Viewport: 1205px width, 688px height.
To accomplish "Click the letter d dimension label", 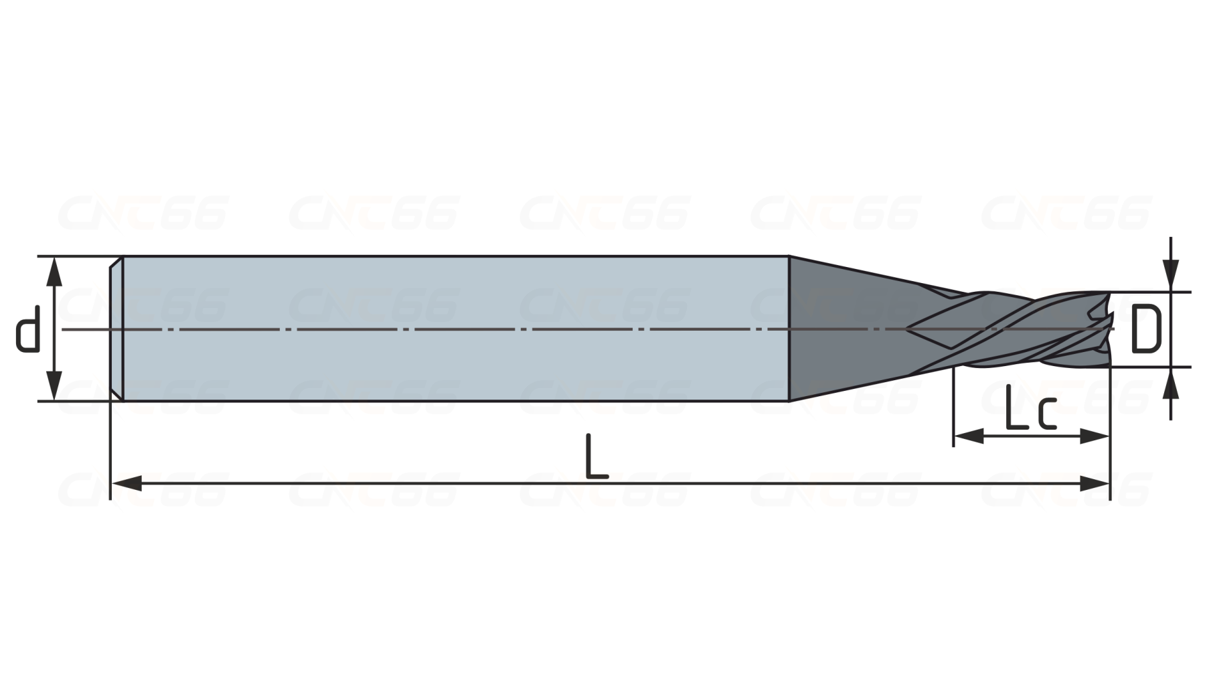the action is (x=27, y=329).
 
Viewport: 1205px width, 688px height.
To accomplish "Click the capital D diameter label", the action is (x=1146, y=329).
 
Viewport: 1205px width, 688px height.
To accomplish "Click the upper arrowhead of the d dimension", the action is (x=54, y=271).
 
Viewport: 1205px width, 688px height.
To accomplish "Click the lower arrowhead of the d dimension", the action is (x=54, y=386).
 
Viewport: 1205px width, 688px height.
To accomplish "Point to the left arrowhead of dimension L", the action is (x=126, y=483).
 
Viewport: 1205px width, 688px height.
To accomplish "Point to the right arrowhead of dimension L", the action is (x=1094, y=483).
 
